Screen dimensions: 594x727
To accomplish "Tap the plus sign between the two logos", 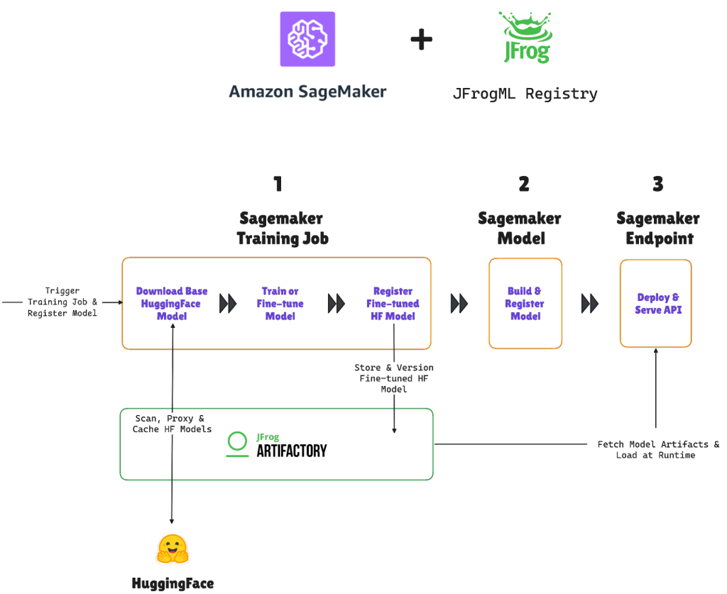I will click(x=422, y=40).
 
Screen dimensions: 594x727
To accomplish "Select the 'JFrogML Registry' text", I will click(x=525, y=94).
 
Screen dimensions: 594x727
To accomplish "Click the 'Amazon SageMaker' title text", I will click(x=307, y=92).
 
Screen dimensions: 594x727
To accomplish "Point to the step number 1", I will click(x=278, y=185).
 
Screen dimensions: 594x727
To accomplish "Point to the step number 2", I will click(x=524, y=185).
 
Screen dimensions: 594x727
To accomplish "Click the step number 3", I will click(x=657, y=185).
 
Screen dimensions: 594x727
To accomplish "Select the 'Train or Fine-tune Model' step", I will click(x=280, y=304).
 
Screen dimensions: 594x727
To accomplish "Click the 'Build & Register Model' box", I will click(x=525, y=304).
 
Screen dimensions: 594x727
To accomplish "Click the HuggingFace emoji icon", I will click(x=173, y=549).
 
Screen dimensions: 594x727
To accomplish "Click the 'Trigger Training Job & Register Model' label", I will click(x=62, y=302).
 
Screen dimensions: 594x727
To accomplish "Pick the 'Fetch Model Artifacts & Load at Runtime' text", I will click(x=657, y=449).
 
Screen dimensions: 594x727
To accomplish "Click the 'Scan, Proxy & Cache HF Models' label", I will click(x=172, y=424).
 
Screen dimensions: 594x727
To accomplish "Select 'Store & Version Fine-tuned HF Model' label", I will click(x=394, y=378).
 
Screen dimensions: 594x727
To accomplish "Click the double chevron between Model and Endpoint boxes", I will click(x=590, y=304).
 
